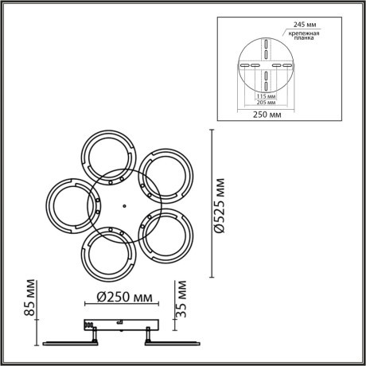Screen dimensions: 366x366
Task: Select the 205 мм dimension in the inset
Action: coord(267,103)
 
